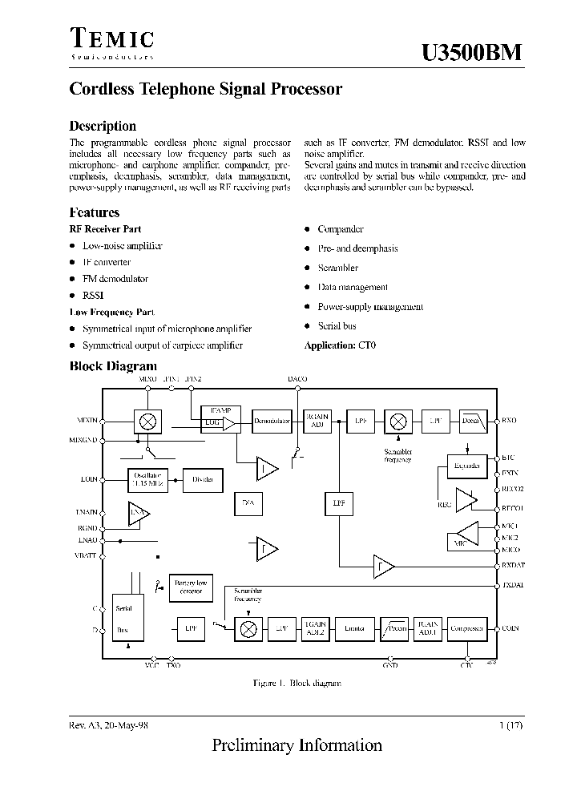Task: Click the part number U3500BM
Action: click(472, 52)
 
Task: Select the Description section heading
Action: click(103, 126)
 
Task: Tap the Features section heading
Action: click(95, 212)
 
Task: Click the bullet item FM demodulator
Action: click(115, 279)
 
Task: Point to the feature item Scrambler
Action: click(337, 268)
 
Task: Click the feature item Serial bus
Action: click(337, 326)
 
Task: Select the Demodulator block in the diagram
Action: click(272, 421)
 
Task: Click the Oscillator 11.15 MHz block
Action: click(147, 478)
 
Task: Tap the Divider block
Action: click(203, 479)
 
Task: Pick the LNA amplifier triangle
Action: click(139, 513)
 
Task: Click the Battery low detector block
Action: click(191, 587)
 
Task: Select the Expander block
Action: click(466, 466)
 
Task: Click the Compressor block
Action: click(466, 629)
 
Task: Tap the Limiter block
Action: click(353, 629)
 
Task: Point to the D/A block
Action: click(248, 502)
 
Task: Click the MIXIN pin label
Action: click(87, 420)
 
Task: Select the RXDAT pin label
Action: click(513, 566)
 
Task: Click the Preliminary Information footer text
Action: click(297, 745)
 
